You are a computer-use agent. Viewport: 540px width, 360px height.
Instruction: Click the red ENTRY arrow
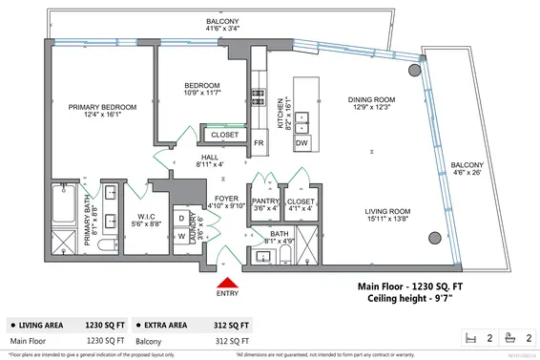pyautogui.click(x=227, y=282)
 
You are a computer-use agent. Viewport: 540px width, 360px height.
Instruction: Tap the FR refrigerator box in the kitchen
pyautogui.click(x=259, y=143)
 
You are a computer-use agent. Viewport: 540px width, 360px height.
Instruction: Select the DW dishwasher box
pyautogui.click(x=301, y=142)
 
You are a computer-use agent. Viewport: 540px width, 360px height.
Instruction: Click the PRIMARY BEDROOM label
pyautogui.click(x=102, y=107)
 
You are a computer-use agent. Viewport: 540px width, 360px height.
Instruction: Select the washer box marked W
pyautogui.click(x=179, y=237)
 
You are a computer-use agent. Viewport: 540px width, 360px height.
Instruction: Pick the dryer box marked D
pyautogui.click(x=179, y=218)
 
